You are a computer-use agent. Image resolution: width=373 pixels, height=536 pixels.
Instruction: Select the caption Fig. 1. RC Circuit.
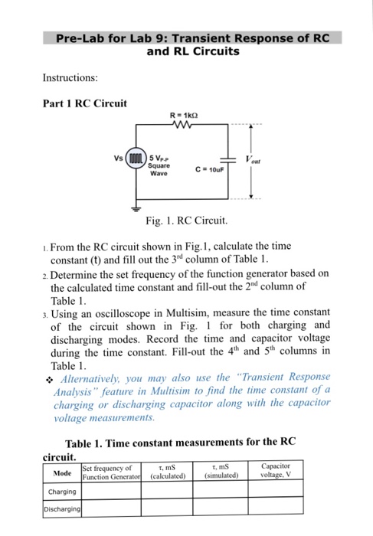click(186, 221)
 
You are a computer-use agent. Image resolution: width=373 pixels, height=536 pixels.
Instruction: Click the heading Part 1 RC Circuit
click(85, 103)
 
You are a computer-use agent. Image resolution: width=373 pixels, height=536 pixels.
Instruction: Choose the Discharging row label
click(62, 508)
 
